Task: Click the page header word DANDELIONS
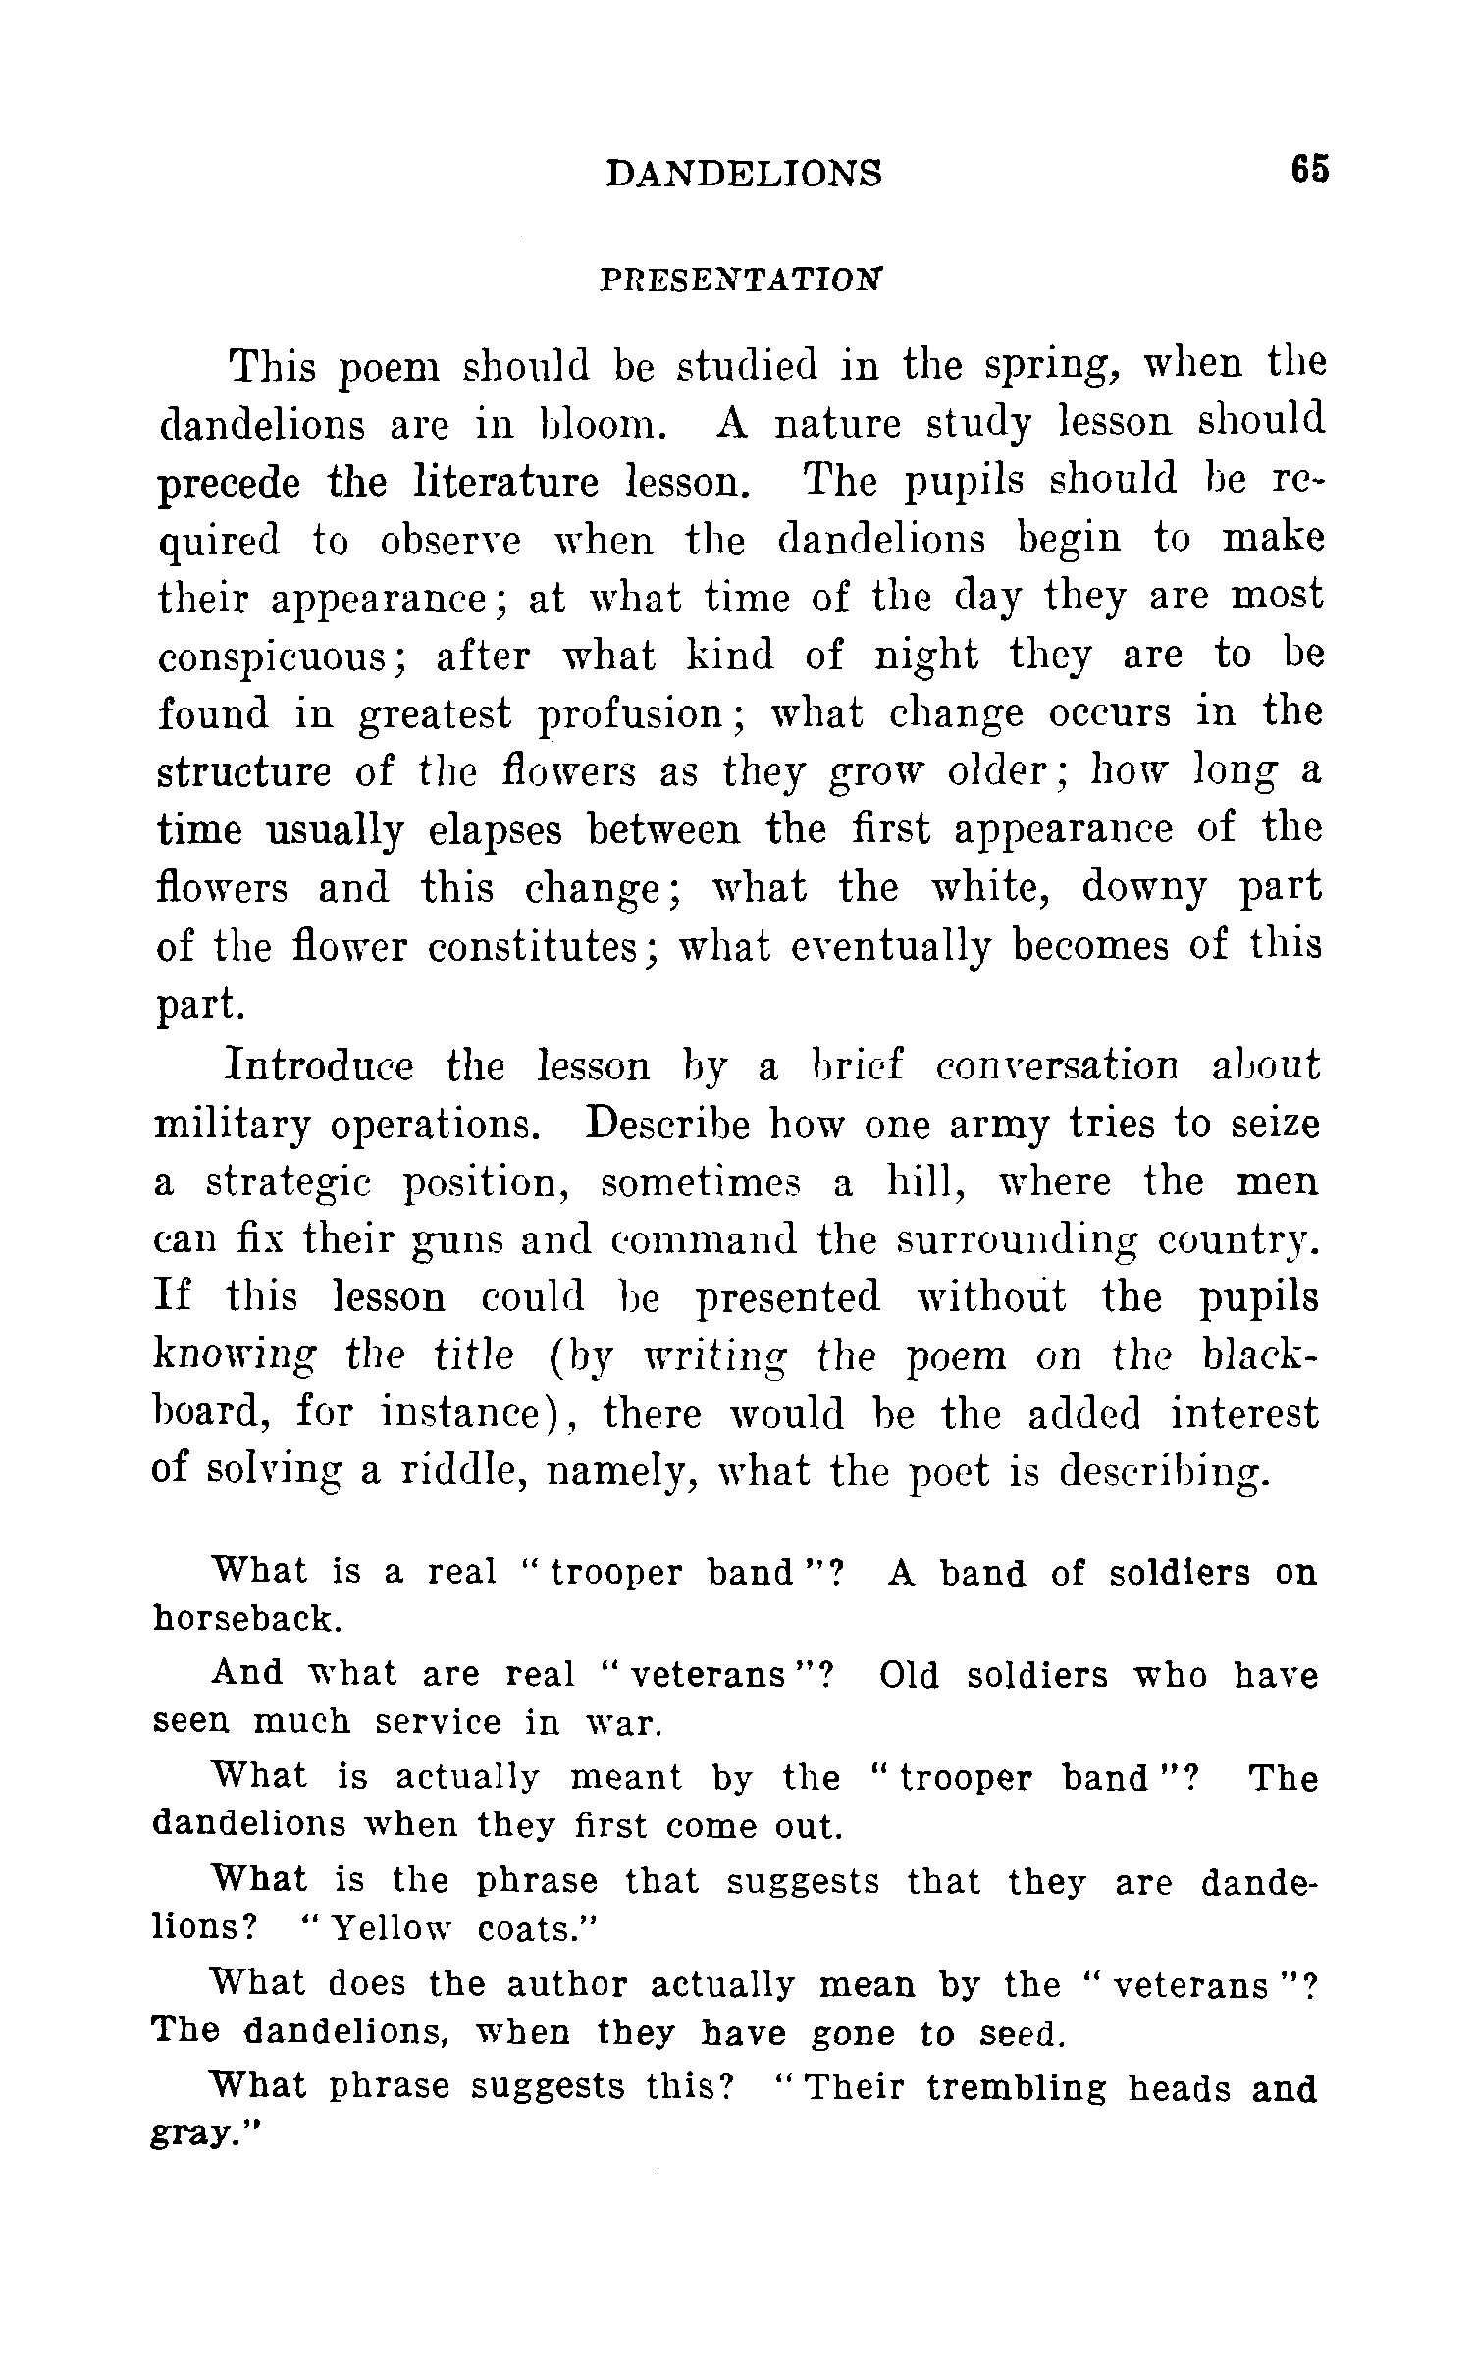coord(744,173)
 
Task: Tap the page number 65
coord(1309,169)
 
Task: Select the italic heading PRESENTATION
coord(740,280)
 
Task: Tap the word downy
coord(1144,888)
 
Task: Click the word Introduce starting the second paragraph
coord(319,1066)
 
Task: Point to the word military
coord(233,1125)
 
